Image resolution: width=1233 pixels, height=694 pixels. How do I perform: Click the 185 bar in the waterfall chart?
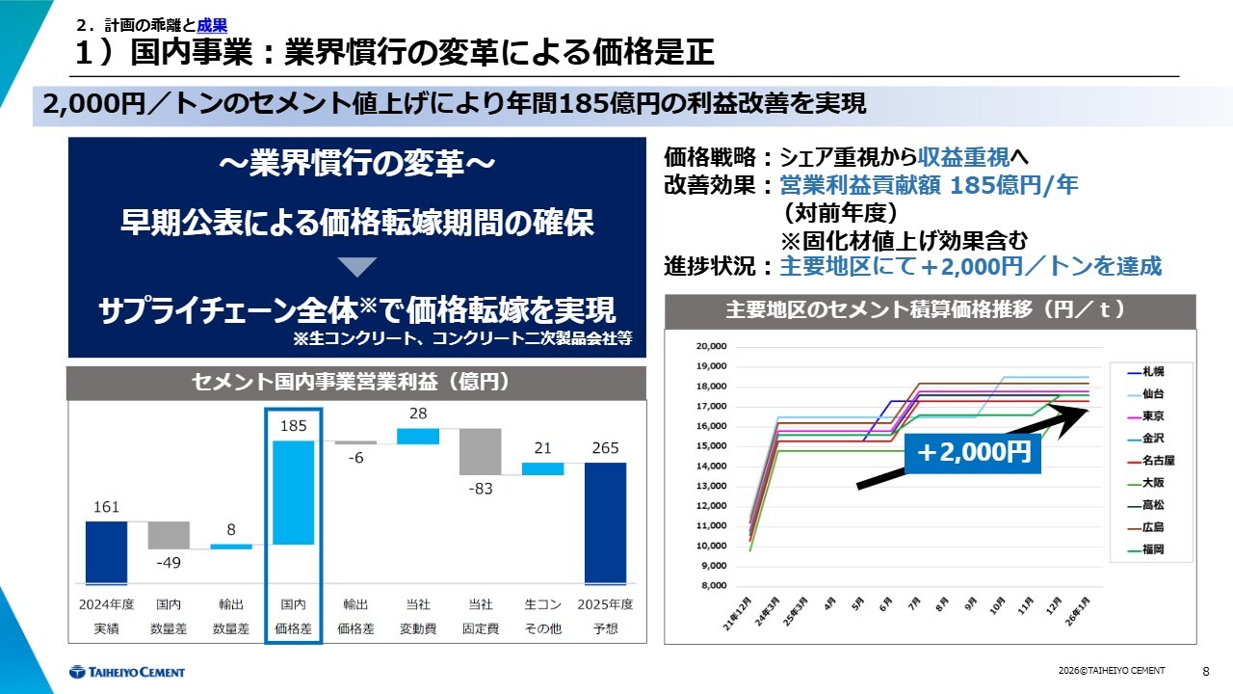pos(293,492)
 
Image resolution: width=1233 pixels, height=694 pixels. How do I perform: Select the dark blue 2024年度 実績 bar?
pos(106,552)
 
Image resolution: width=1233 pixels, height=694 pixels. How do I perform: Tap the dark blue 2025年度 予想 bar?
pos(605,523)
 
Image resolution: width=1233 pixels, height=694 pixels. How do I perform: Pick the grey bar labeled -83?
pos(480,451)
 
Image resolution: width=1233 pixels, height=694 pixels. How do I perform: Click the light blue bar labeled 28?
pos(418,437)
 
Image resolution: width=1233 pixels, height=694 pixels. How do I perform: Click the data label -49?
pos(168,563)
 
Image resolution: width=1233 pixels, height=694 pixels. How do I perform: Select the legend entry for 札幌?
pos(1150,371)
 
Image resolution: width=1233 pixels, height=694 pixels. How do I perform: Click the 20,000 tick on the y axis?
pos(711,346)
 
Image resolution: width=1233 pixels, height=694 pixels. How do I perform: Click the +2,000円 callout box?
pos(973,452)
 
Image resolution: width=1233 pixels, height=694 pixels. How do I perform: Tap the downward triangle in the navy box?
pos(357,268)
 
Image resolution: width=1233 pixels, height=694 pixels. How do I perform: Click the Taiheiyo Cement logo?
pos(127,672)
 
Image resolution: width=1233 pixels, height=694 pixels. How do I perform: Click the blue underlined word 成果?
pos(212,26)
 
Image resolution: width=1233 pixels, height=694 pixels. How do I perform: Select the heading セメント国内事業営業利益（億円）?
pos(355,383)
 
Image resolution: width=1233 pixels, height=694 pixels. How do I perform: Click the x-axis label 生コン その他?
pos(542,616)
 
